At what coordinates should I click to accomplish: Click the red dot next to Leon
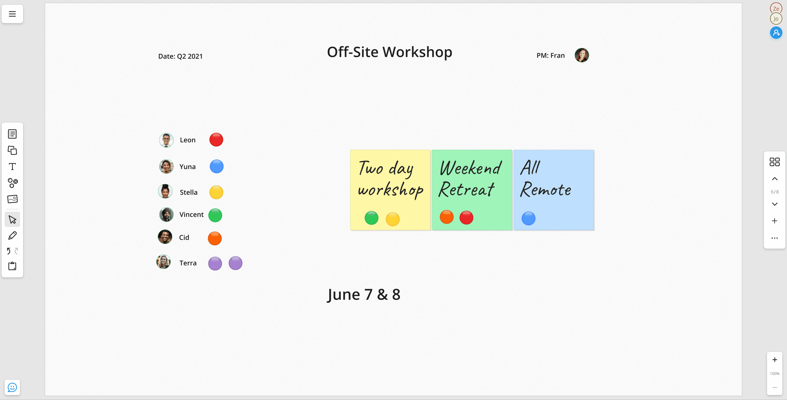tap(216, 140)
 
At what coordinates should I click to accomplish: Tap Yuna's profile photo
tap(166, 167)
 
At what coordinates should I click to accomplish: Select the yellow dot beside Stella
tap(216, 192)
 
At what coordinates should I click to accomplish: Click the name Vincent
tap(191, 215)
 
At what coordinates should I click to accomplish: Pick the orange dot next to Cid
tap(214, 238)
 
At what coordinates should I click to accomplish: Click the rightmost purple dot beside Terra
tap(235, 263)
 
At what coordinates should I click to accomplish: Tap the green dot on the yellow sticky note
tap(371, 218)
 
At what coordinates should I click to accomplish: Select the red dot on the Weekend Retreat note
tap(466, 218)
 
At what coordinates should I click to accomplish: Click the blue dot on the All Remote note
tap(528, 219)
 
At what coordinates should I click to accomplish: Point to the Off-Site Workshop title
tap(389, 52)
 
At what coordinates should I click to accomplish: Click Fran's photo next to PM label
tap(581, 55)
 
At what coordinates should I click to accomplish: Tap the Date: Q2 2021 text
tap(180, 56)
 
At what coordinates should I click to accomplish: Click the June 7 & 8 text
tap(364, 294)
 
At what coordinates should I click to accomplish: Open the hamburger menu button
tap(12, 14)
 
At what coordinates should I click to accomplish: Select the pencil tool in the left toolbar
tap(12, 236)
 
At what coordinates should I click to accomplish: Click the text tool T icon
tap(12, 167)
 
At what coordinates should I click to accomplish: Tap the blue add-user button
tap(776, 33)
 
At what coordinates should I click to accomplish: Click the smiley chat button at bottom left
tap(12, 387)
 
